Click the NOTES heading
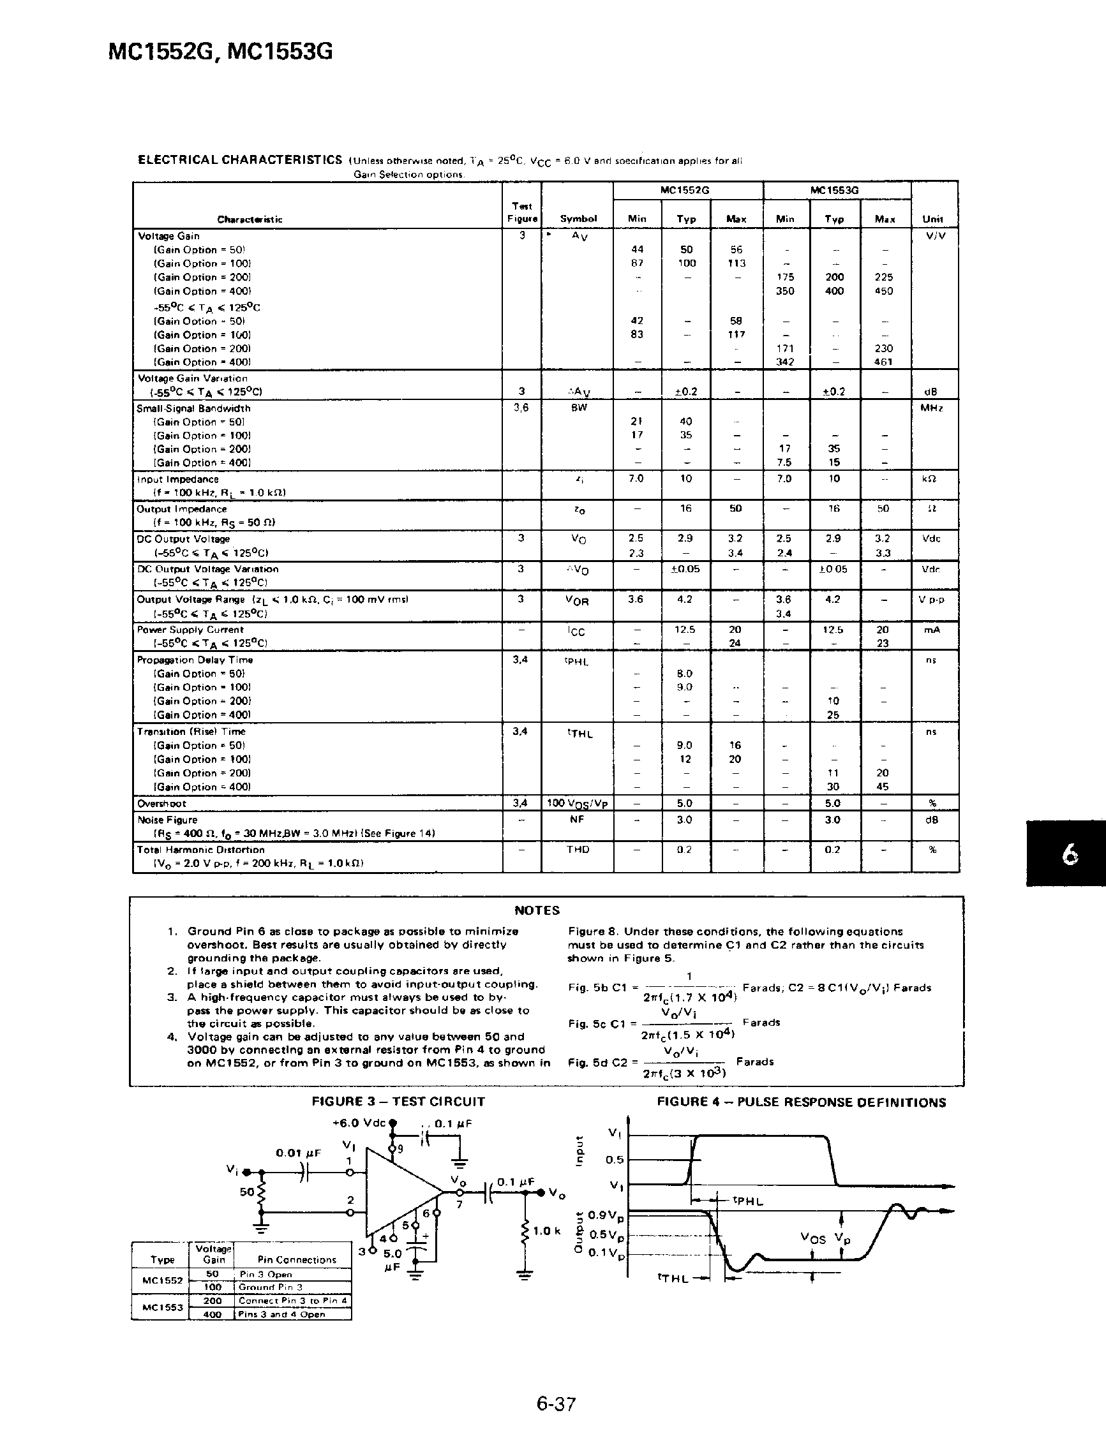click(x=537, y=910)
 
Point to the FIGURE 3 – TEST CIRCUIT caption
click(x=398, y=1102)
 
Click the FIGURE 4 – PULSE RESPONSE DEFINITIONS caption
click(x=801, y=1102)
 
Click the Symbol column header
click(x=578, y=219)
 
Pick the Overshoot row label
click(x=161, y=803)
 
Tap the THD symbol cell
click(x=577, y=849)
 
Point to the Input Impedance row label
click(x=177, y=479)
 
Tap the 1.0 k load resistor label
click(x=546, y=1231)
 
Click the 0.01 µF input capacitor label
click(x=298, y=1153)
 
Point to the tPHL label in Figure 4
click(x=747, y=1201)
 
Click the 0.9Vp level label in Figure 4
click(x=606, y=1216)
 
